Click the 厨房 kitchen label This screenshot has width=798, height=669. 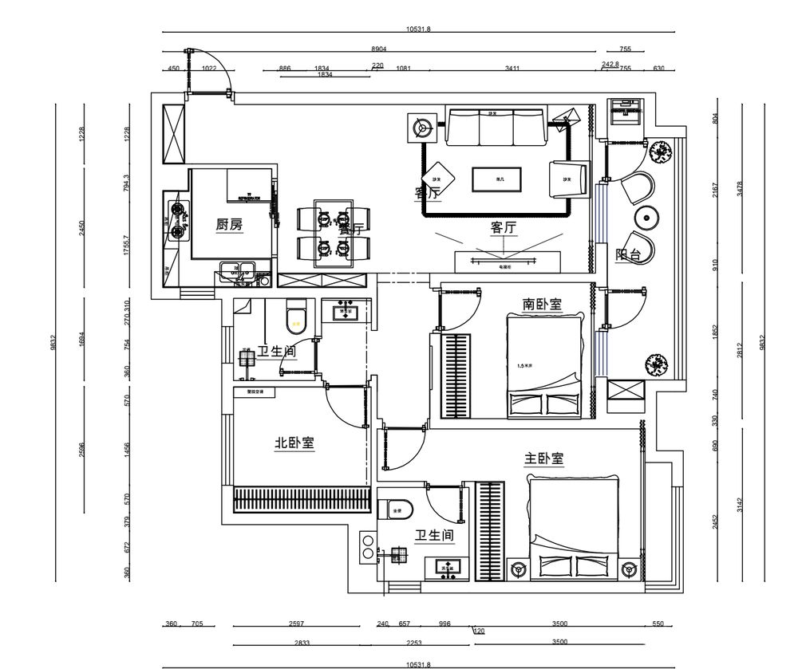[229, 226]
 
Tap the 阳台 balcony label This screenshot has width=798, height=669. [629, 255]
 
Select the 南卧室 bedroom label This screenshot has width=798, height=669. [543, 305]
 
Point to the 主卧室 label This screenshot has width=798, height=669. [544, 459]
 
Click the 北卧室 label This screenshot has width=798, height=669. [294, 443]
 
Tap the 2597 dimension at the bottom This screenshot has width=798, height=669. [296, 624]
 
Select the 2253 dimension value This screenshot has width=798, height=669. [413, 643]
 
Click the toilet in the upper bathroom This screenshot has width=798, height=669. [295, 317]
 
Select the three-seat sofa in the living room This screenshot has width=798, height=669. [495, 128]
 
